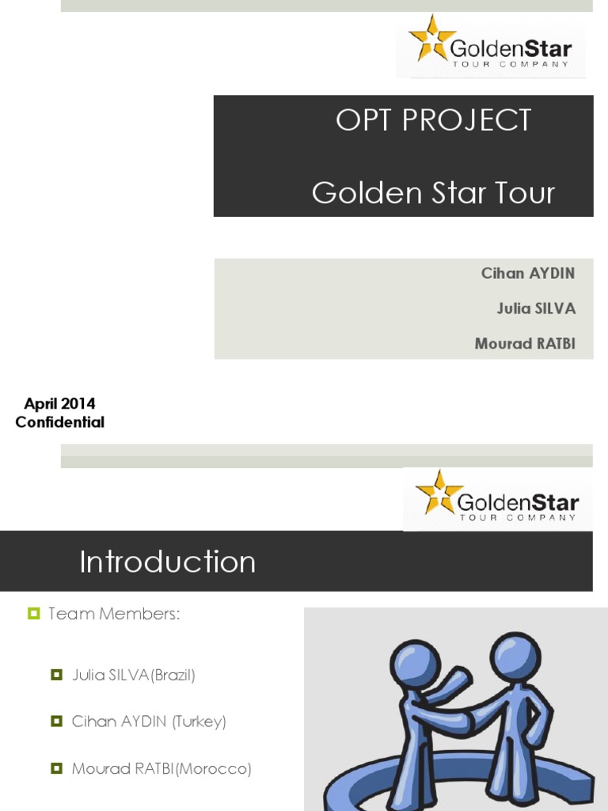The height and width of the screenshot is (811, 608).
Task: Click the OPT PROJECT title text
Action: tap(433, 120)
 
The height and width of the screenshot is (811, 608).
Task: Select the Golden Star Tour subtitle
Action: tap(433, 192)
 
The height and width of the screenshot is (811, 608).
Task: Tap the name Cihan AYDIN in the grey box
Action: tap(527, 273)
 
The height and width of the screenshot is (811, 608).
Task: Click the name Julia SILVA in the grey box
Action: tap(535, 308)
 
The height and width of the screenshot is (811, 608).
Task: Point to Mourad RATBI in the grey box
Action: tap(524, 344)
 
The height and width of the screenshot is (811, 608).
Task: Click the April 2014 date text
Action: tap(59, 404)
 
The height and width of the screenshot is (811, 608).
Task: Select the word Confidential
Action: tap(59, 422)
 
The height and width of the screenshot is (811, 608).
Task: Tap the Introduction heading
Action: tap(167, 562)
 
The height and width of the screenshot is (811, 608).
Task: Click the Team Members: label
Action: tap(114, 614)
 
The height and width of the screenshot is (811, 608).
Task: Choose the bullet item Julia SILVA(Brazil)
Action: tap(133, 676)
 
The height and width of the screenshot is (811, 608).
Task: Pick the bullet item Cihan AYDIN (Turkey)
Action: tap(149, 722)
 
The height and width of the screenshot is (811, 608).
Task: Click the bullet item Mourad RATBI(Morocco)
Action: tap(161, 768)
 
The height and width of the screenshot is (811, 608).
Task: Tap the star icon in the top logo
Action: tap(431, 38)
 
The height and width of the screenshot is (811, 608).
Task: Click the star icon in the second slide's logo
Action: tap(438, 492)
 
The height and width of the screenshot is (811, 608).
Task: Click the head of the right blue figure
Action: tap(515, 654)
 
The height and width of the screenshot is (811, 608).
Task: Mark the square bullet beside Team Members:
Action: tap(33, 614)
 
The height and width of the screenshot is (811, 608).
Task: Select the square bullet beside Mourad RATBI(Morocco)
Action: tap(56, 768)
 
